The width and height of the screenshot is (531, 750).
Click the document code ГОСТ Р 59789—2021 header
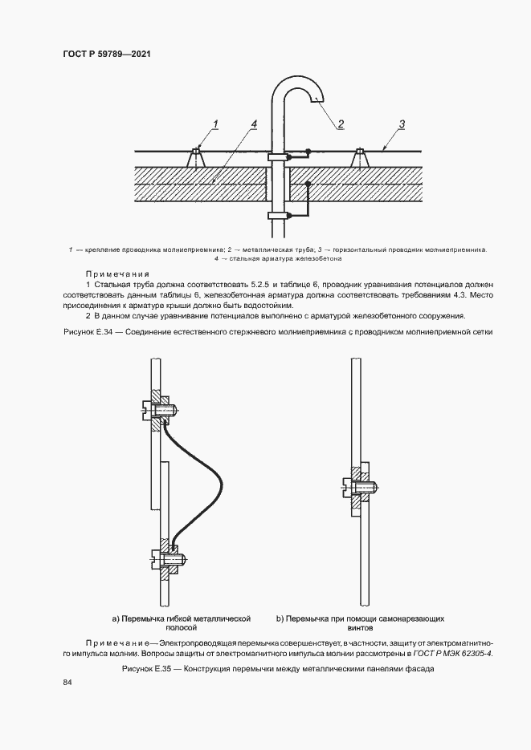click(107, 55)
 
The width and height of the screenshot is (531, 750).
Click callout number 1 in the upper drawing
click(215, 124)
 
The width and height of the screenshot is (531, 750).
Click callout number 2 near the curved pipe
click(341, 124)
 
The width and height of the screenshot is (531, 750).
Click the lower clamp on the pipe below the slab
click(277, 215)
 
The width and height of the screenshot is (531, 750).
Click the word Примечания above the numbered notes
click(113, 274)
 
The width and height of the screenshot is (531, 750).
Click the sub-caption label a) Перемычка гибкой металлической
click(182, 618)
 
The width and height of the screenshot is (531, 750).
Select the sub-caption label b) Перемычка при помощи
click(360, 618)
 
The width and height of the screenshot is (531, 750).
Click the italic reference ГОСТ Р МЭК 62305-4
click(453, 654)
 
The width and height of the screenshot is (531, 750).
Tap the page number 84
click(67, 682)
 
